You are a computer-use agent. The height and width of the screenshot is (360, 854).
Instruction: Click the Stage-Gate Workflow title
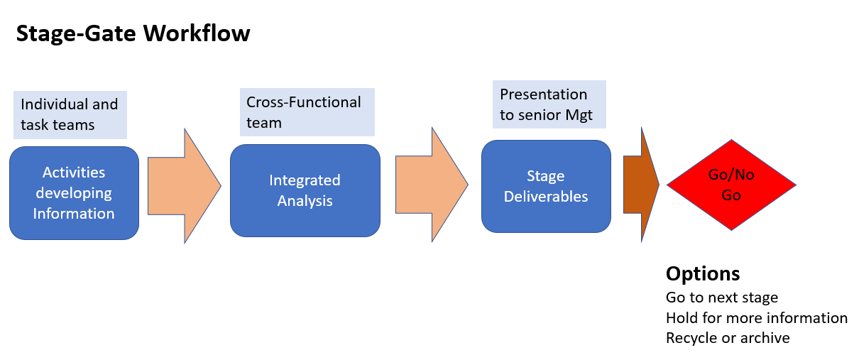(133, 33)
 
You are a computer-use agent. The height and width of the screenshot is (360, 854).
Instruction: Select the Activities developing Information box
(74, 193)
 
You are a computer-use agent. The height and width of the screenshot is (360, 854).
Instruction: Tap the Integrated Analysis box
(305, 190)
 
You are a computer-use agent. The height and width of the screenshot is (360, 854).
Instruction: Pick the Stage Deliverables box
(546, 186)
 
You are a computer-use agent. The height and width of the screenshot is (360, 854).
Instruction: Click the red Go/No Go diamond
(731, 185)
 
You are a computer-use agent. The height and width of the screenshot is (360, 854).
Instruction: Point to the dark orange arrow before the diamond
(641, 185)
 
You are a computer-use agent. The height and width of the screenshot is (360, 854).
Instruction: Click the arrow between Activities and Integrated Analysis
(185, 186)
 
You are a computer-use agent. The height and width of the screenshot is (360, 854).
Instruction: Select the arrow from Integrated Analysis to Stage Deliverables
(432, 185)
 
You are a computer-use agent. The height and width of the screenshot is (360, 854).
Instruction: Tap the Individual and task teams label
(70, 115)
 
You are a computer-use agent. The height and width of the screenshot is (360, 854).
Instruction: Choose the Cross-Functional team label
(307, 112)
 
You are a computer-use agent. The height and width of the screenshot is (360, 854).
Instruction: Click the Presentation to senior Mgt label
(549, 104)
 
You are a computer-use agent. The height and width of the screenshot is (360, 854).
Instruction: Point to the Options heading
(703, 273)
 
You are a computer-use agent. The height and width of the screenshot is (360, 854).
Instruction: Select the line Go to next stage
(722, 298)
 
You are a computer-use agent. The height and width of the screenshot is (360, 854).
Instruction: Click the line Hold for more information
(757, 317)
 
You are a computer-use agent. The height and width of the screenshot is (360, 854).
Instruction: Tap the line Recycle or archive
(728, 338)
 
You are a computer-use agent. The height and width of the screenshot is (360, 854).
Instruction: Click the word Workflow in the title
(197, 33)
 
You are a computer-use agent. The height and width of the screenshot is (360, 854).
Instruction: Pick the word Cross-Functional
(303, 102)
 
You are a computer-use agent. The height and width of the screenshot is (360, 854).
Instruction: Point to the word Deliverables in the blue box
(546, 197)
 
